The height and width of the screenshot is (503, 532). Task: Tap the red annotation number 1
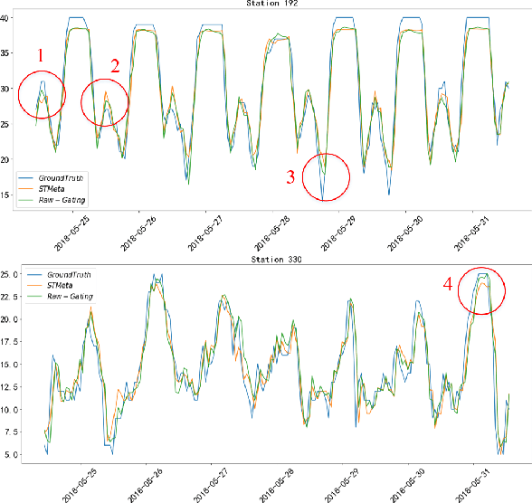pyautogui.click(x=41, y=56)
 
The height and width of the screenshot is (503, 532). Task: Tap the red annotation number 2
pyautogui.click(x=115, y=65)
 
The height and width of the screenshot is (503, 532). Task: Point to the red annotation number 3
pyautogui.click(x=290, y=176)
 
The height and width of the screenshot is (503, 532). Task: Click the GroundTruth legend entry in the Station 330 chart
pyautogui.click(x=74, y=274)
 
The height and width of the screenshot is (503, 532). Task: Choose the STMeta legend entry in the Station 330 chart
pyautogui.click(x=68, y=285)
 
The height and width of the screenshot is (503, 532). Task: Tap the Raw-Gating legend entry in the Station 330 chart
pyautogui.click(x=74, y=296)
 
